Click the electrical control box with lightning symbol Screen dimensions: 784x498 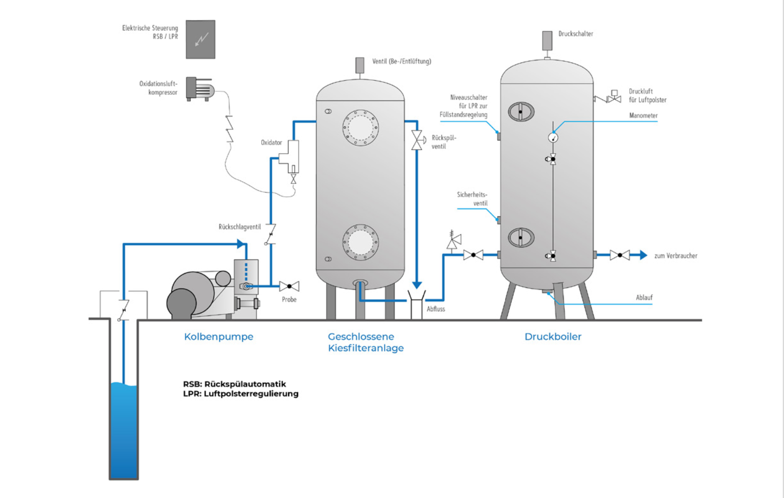click(201, 39)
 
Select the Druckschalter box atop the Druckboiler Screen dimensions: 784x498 click(547, 40)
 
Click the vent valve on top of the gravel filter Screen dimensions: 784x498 click(360, 65)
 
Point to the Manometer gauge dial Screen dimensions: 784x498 click(553, 137)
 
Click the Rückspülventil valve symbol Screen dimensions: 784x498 click(417, 140)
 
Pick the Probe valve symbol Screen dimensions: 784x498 click(289, 286)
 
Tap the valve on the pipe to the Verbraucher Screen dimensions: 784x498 click(620, 255)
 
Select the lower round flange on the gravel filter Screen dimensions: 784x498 click(361, 242)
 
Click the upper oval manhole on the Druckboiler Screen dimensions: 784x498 click(521, 112)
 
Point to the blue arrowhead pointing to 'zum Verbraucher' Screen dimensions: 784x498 click(643, 255)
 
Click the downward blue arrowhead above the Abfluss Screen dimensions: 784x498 click(416, 285)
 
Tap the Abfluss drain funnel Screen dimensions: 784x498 click(416, 304)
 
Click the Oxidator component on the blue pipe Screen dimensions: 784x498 click(290, 157)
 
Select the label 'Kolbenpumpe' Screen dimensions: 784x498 click(219, 337)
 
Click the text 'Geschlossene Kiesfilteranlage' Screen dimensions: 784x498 click(366, 342)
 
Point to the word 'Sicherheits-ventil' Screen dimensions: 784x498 click(472, 199)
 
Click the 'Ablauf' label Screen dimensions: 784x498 click(644, 297)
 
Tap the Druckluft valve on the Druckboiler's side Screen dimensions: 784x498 click(614, 98)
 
